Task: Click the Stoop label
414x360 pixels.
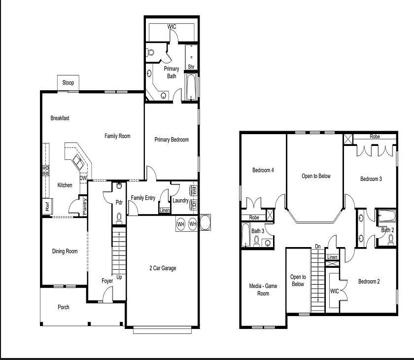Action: pyautogui.click(x=68, y=82)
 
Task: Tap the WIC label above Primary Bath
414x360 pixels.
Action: pyautogui.click(x=172, y=27)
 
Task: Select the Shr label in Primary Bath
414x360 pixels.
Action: pyautogui.click(x=191, y=67)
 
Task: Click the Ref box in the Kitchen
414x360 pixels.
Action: pyautogui.click(x=47, y=207)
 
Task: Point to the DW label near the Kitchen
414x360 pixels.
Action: pyautogui.click(x=83, y=178)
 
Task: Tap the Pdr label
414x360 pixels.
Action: pyautogui.click(x=119, y=202)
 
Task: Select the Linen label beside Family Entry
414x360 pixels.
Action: pyautogui.click(x=165, y=211)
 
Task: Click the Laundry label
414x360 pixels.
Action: pyautogui.click(x=180, y=200)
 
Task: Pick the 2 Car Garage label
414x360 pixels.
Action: pyautogui.click(x=163, y=268)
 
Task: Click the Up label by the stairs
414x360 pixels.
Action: pyautogui.click(x=119, y=277)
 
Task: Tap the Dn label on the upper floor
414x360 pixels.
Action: pyautogui.click(x=318, y=247)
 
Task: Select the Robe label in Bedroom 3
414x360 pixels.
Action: pyautogui.click(x=375, y=137)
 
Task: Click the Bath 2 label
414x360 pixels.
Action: pyautogui.click(x=388, y=230)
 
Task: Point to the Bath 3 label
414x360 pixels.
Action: pyautogui.click(x=258, y=231)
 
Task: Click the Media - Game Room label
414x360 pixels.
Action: pyautogui.click(x=263, y=289)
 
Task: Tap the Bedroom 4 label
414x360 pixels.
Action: pyautogui.click(x=263, y=170)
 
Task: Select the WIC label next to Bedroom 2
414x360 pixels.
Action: pyautogui.click(x=334, y=291)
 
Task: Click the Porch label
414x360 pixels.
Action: pyautogui.click(x=64, y=307)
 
